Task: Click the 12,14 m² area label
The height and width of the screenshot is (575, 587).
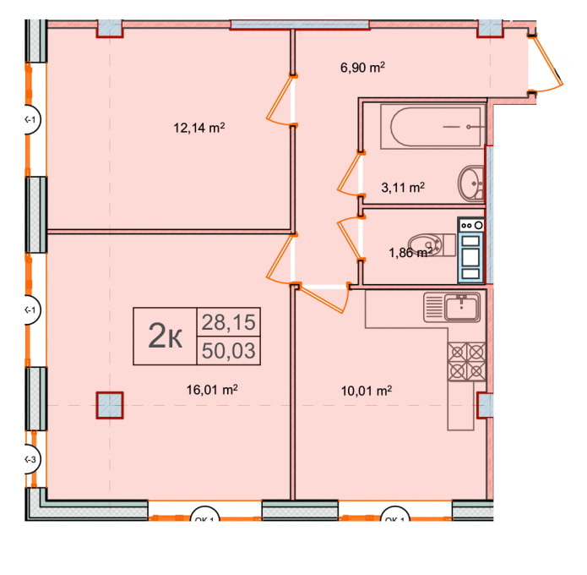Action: (198, 129)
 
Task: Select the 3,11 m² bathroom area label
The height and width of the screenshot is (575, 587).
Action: (405, 188)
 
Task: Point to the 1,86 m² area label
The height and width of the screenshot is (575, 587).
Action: (410, 251)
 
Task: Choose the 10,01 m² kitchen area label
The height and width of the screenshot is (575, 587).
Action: (369, 390)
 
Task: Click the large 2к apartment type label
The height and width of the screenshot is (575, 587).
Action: (166, 336)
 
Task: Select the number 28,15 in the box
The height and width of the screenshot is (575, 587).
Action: (228, 321)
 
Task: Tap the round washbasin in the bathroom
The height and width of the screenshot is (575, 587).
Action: (470, 182)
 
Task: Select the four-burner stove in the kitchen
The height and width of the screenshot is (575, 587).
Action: (466, 361)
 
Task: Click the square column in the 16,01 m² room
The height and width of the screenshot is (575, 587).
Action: (109, 406)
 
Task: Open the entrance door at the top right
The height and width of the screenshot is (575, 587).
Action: (546, 63)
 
